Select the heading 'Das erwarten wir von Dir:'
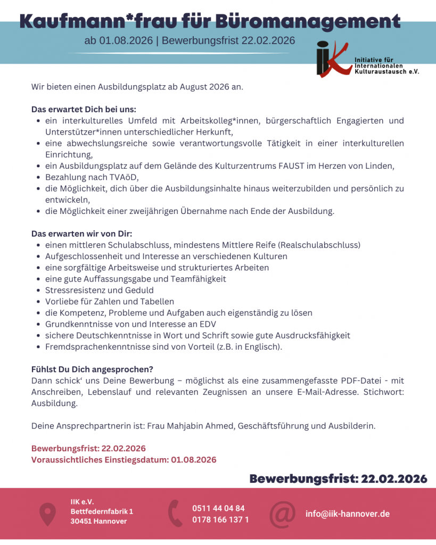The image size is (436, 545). coord(81,234)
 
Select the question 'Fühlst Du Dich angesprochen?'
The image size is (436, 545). coord(92,369)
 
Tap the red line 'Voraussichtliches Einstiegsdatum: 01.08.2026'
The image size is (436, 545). coord(124,460)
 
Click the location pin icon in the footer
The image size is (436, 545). coord(48,514)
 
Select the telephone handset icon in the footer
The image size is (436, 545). coord(175,514)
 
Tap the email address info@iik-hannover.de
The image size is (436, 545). coord(347,514)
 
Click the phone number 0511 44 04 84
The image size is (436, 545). coord(218,508)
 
